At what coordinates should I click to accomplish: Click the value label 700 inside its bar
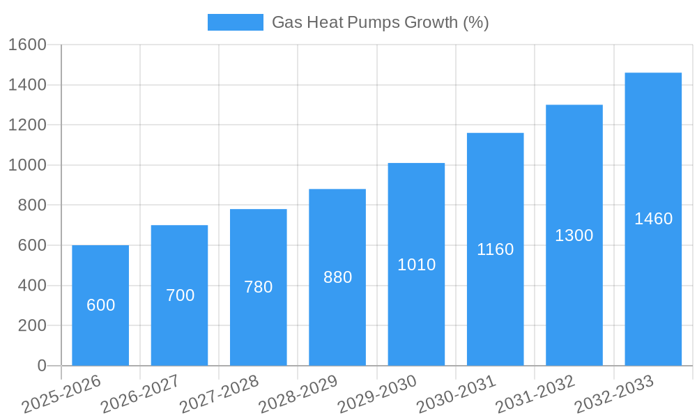pyautogui.click(x=180, y=295)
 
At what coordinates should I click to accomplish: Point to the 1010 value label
pyautogui.click(x=416, y=265)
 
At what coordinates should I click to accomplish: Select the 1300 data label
pyautogui.click(x=574, y=235)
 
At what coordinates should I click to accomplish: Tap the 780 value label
pyautogui.click(x=258, y=287)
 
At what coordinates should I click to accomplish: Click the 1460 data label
pyautogui.click(x=653, y=219)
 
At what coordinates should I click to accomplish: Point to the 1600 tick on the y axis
pyautogui.click(x=27, y=45)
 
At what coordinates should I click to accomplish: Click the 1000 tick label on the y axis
pyautogui.click(x=27, y=165)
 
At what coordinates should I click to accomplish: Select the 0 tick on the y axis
pyautogui.click(x=41, y=366)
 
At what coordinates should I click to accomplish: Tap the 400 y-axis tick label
pyautogui.click(x=31, y=286)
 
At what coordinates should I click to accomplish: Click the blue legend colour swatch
pyautogui.click(x=235, y=22)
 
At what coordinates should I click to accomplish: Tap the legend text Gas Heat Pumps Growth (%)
pyautogui.click(x=380, y=22)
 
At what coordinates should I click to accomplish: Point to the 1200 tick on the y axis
pyautogui.click(x=27, y=125)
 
